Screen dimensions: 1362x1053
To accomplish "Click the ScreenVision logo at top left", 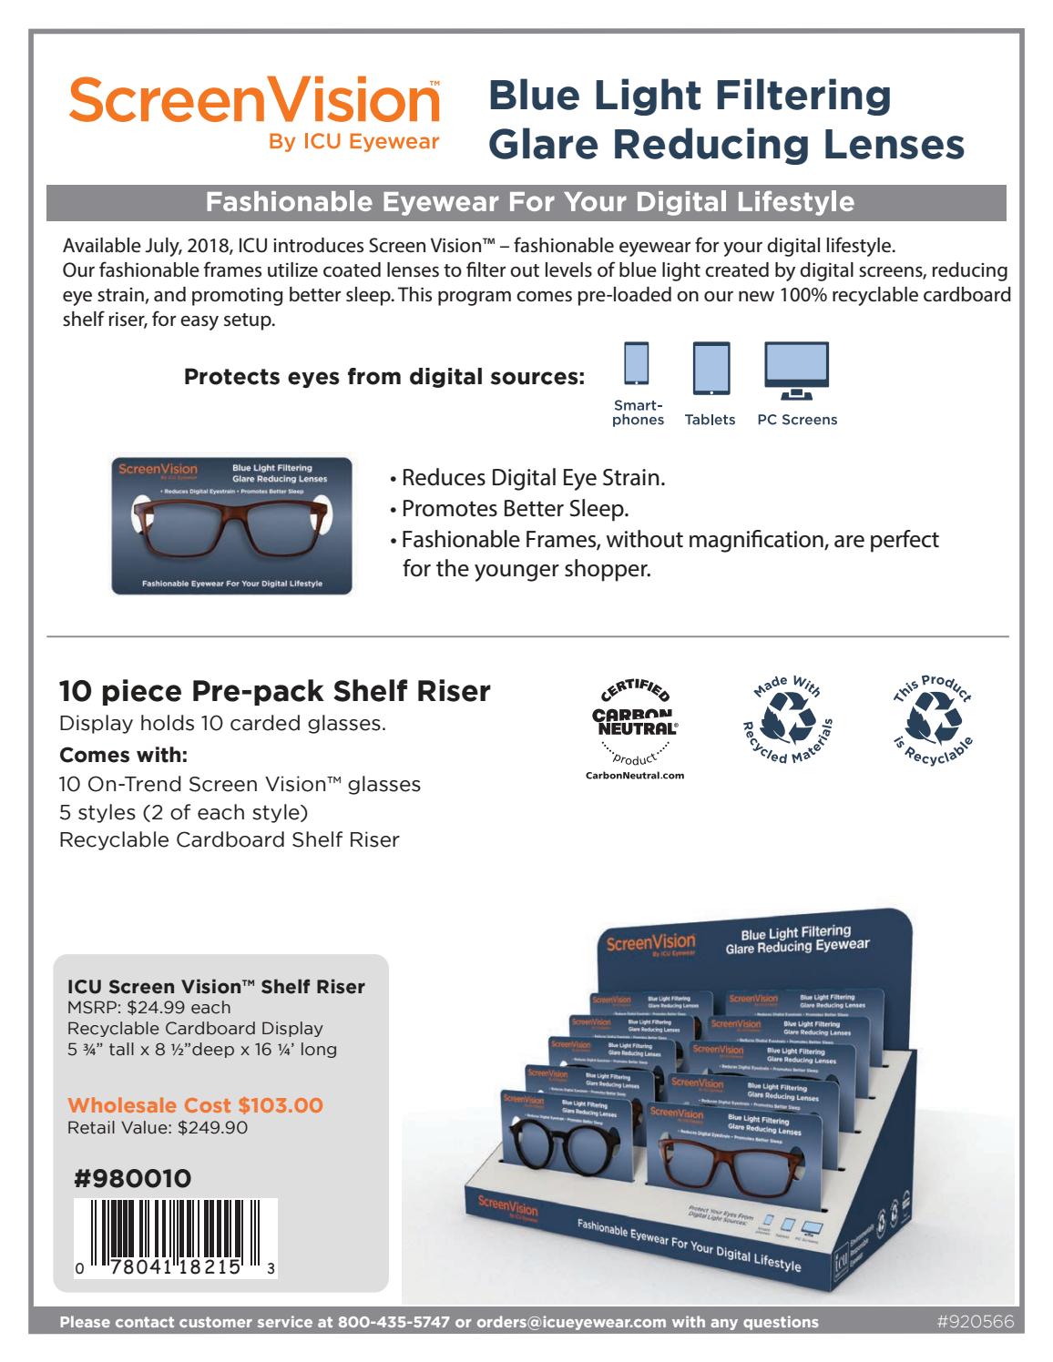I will click(253, 101).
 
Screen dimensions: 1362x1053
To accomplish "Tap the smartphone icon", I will click(637, 364).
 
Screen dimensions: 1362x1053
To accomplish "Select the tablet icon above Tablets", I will click(711, 367).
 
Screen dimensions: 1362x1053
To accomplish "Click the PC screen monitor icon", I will click(796, 370).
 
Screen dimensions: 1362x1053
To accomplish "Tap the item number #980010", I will click(132, 1179).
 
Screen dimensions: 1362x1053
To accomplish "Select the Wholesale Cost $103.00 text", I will click(195, 1105).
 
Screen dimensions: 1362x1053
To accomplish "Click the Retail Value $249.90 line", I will click(158, 1128).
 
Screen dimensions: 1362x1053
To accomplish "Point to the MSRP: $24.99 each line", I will click(148, 1007).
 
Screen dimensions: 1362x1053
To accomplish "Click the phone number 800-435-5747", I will click(394, 1322).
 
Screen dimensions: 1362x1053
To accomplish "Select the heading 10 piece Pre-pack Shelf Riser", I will click(274, 691).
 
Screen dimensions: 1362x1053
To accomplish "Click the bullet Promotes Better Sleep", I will click(515, 508).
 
